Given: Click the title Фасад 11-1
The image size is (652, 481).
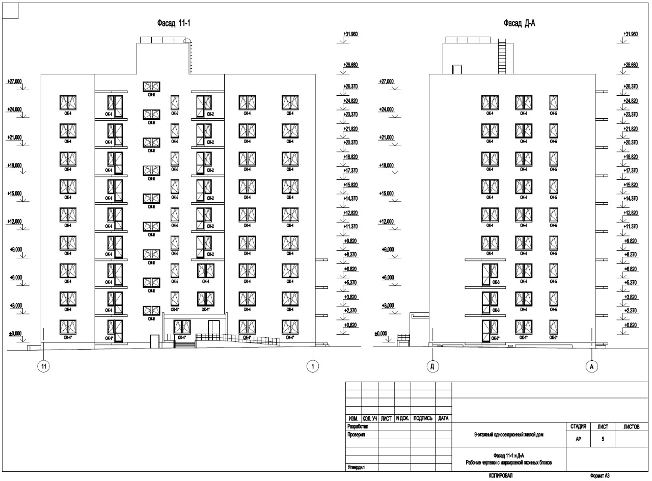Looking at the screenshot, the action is (x=177, y=23).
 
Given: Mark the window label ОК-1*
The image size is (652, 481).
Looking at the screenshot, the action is (x=109, y=338).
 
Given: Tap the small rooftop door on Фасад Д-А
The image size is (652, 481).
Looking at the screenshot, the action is (x=457, y=69).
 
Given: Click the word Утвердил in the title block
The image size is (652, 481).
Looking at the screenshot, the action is (x=356, y=467).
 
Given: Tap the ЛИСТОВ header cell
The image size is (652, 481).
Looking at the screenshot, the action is (x=632, y=426).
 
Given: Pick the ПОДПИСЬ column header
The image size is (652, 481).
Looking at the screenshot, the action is (x=423, y=418).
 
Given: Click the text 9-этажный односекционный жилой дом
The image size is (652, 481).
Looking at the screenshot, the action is (x=509, y=435).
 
